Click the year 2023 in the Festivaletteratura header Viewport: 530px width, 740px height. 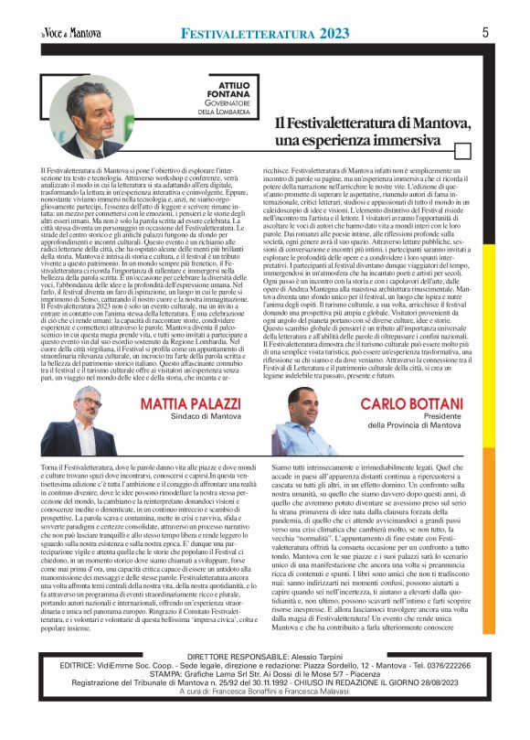(324, 34)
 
